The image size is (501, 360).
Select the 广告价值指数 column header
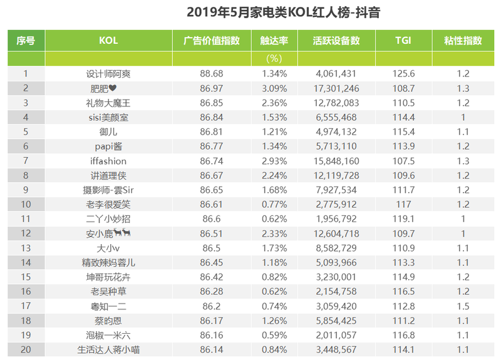212,41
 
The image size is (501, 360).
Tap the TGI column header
403,41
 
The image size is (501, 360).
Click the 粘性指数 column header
463,41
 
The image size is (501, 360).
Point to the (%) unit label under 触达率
274,59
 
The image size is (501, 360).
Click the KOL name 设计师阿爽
108,74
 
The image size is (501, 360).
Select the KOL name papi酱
108,147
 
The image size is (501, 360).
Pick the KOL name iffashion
108,161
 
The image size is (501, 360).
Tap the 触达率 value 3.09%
274,88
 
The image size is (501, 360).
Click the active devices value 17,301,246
336,88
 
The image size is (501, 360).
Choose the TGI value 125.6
403,74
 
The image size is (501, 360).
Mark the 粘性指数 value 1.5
463,306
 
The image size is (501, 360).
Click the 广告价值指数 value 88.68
212,74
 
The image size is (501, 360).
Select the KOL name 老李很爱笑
108,205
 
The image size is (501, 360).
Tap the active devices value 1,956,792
336,219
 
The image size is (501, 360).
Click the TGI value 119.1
403,219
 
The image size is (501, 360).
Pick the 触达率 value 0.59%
274,336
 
